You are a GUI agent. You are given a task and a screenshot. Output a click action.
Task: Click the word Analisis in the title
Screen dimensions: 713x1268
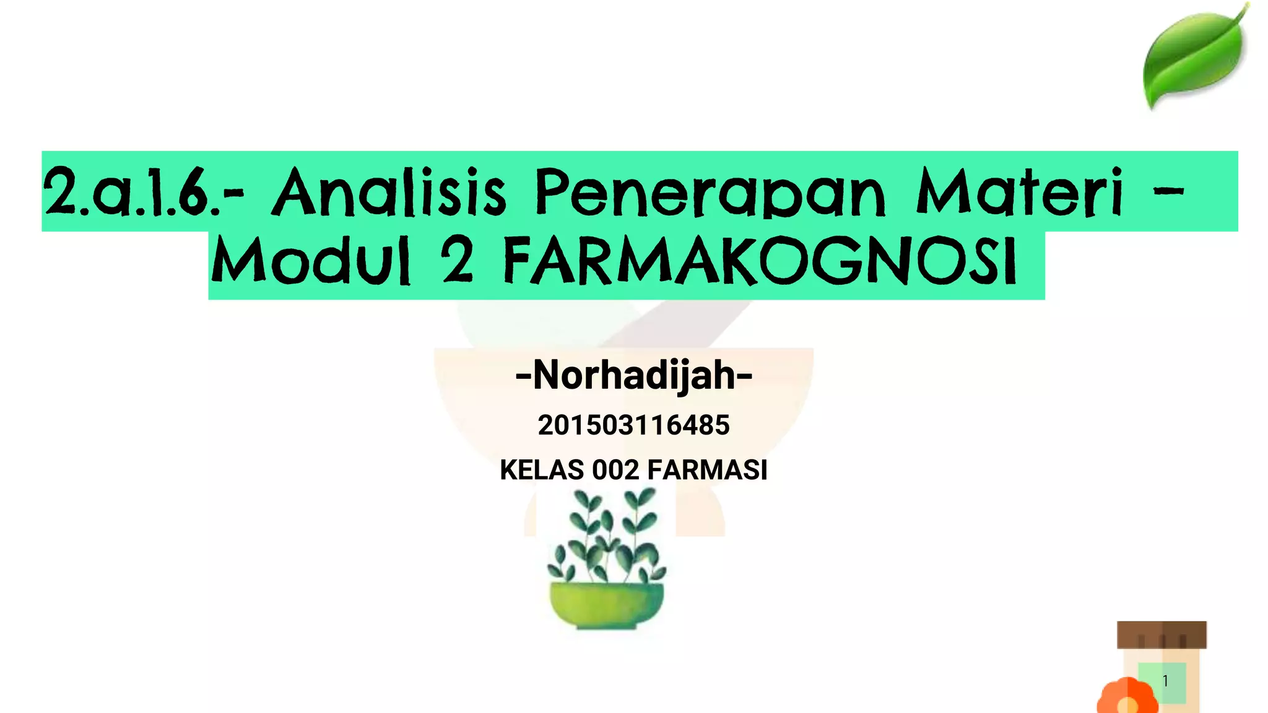[x=389, y=192]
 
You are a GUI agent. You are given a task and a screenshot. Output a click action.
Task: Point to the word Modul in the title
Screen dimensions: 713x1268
[x=311, y=261]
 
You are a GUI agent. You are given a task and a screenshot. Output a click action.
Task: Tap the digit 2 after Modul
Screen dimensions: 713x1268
[x=458, y=261]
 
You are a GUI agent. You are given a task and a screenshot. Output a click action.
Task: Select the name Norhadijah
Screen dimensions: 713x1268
[x=634, y=375]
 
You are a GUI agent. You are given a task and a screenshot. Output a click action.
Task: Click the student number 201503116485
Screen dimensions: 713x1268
[x=633, y=425]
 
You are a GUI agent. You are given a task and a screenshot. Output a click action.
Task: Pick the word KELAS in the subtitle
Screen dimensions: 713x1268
[x=542, y=470]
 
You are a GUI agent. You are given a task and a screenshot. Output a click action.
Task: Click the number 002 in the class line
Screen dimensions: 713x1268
[x=615, y=470]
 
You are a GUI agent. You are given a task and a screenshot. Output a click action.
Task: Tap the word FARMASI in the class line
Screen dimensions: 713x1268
[x=707, y=470]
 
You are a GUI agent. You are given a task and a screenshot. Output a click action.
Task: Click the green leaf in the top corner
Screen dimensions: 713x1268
[x=1194, y=56]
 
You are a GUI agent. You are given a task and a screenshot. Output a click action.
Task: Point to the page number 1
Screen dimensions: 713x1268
[x=1165, y=681]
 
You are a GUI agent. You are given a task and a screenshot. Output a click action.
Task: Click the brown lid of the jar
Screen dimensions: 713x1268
[x=1162, y=634]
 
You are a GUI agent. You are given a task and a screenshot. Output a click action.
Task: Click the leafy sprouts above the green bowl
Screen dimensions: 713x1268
[x=607, y=535]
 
